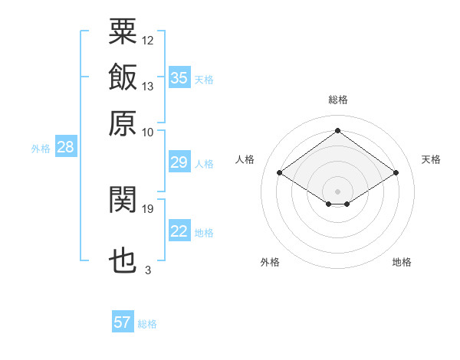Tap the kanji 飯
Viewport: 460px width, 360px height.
click(123, 77)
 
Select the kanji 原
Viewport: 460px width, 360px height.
click(123, 123)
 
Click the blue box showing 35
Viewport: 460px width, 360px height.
click(179, 78)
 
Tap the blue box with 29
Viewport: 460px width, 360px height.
click(179, 162)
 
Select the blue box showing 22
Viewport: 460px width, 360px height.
click(179, 232)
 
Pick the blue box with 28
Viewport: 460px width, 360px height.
click(65, 148)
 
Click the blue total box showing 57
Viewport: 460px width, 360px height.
click(123, 322)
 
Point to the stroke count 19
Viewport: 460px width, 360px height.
click(148, 208)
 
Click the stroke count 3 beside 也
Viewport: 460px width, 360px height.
click(148, 270)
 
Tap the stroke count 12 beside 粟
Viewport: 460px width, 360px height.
click(148, 40)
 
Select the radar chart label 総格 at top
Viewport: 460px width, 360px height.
click(338, 100)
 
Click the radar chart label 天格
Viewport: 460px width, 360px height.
click(431, 159)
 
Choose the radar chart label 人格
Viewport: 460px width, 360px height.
click(245, 159)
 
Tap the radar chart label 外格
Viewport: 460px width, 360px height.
click(270, 262)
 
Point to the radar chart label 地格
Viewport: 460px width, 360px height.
click(402, 262)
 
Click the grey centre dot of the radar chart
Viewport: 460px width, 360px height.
click(338, 190)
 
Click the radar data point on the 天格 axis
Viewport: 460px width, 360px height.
click(396, 173)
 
